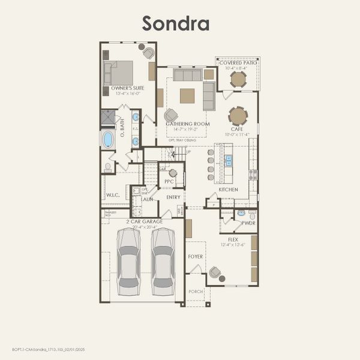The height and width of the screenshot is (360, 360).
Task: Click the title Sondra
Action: (175, 23)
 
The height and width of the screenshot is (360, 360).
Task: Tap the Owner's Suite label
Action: (127, 88)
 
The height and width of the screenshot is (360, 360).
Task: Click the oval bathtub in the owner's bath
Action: (108, 139)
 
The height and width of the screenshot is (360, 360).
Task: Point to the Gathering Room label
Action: (188, 124)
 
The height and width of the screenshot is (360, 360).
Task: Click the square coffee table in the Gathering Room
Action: (187, 96)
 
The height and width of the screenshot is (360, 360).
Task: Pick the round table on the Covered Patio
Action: (238, 79)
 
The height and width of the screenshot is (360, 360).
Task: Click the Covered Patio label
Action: (238, 63)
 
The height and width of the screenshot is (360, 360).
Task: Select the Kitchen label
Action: (228, 190)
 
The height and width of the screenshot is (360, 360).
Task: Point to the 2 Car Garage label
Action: (144, 221)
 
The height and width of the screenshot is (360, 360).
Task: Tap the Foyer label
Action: (196, 256)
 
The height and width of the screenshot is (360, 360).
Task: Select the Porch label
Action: (196, 292)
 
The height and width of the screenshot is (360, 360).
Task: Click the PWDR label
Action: (248, 222)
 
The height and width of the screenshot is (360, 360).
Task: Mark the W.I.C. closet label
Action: (113, 195)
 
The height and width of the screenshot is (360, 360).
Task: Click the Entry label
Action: (173, 197)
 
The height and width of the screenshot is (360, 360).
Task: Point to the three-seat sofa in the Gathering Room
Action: (187, 74)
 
